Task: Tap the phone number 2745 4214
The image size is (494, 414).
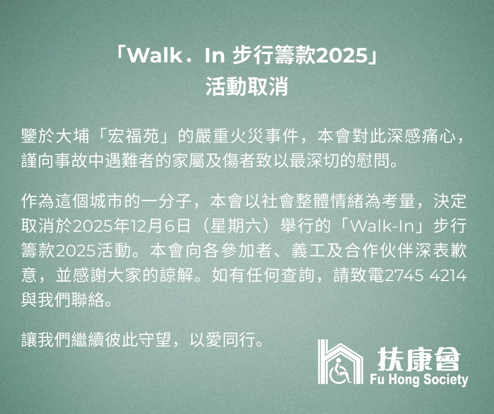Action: [x=426, y=276]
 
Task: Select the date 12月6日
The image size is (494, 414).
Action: [x=160, y=226]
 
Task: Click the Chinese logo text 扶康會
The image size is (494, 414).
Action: [x=418, y=358]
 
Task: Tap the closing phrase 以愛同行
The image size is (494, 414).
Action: [x=222, y=340]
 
